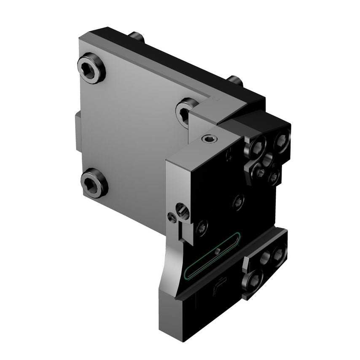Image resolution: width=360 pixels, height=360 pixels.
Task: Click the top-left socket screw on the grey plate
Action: [91, 68]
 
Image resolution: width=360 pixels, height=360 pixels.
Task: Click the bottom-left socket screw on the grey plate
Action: [94, 183]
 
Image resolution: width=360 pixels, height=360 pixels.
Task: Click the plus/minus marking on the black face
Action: [229, 155]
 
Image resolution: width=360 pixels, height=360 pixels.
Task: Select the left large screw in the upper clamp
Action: [256, 147]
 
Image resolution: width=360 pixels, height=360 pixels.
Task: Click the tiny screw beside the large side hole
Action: [171, 217]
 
